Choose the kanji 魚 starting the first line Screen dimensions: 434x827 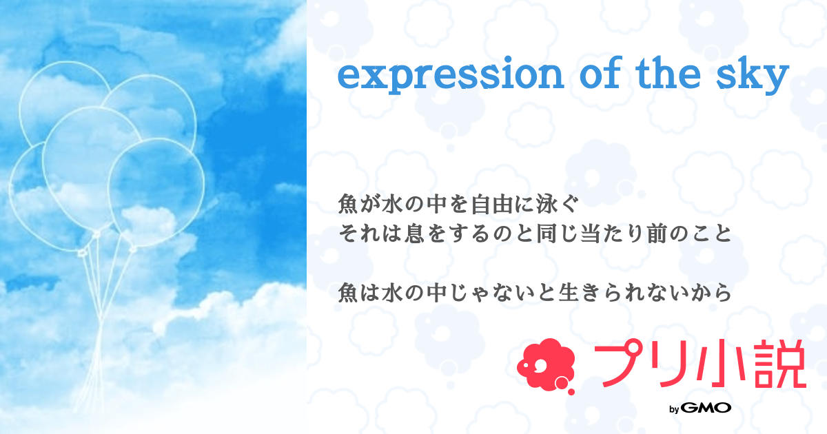349,205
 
